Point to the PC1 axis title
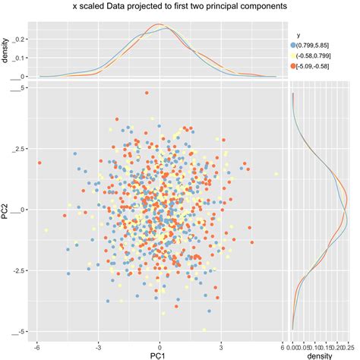tap(159, 355)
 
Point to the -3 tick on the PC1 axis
tap(99, 343)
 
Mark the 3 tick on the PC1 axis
tap(221, 343)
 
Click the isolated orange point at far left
tap(39, 162)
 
